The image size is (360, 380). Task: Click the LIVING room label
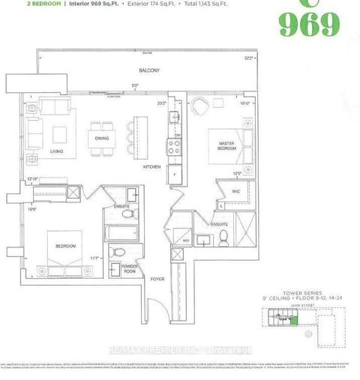pyautogui.click(x=55, y=150)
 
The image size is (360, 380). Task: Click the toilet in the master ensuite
pyautogui.click(x=223, y=238)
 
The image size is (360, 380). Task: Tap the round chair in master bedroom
pyautogui.click(x=201, y=106)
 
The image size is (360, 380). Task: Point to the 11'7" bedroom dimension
pyautogui.click(x=94, y=259)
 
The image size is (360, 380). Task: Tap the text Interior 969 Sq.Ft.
pyautogui.click(x=88, y=4)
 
